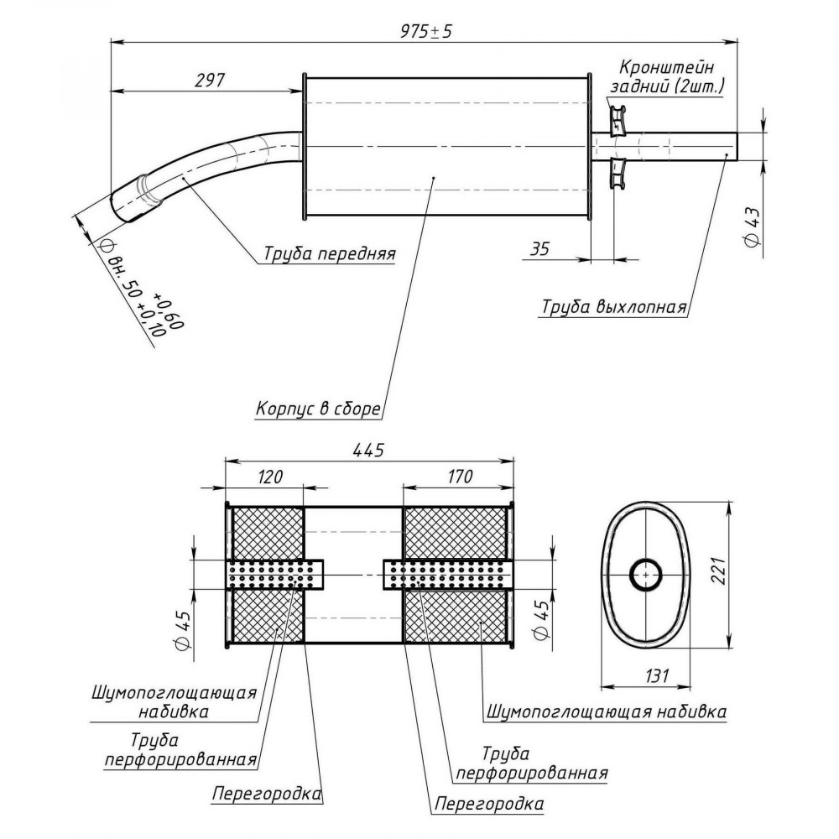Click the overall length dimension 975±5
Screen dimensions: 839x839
426,32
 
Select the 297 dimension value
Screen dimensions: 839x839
210,81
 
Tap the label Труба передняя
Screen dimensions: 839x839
329,253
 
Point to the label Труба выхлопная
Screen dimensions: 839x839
614,307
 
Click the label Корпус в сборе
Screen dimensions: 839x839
318,409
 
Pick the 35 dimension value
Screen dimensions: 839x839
539,249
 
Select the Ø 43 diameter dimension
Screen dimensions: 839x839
753,227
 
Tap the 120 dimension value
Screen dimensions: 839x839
269,477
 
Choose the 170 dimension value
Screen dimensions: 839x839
458,477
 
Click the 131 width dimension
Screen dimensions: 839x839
656,675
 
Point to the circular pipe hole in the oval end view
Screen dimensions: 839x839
645,576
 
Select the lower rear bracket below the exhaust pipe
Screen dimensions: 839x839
618,174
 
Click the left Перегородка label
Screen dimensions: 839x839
267,793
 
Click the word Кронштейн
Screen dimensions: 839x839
666,67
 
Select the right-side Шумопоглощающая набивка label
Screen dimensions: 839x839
607,711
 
